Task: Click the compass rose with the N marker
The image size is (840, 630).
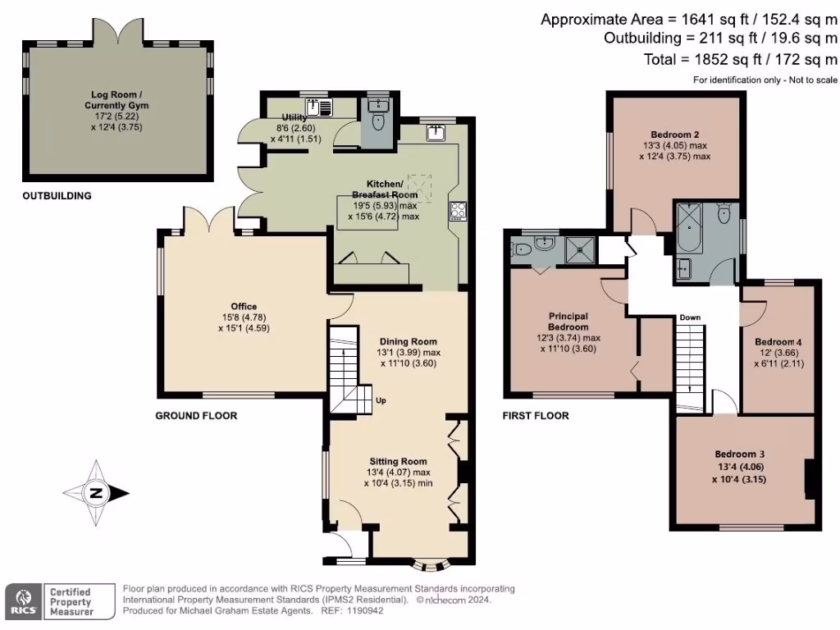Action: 96,493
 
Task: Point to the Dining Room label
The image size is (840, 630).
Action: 408,341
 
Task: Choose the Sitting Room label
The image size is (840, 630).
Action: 399,462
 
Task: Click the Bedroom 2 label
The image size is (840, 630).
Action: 674,135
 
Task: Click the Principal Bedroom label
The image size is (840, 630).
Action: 569,321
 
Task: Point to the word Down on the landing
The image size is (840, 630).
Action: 689,317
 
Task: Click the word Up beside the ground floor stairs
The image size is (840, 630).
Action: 380,400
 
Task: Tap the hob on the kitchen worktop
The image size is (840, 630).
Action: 457,211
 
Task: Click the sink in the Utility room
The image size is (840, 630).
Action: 317,107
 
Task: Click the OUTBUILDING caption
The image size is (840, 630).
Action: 57,196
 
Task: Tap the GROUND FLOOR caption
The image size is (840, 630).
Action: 196,416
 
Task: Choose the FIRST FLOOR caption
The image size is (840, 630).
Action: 535,416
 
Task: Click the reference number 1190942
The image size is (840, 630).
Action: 364,610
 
